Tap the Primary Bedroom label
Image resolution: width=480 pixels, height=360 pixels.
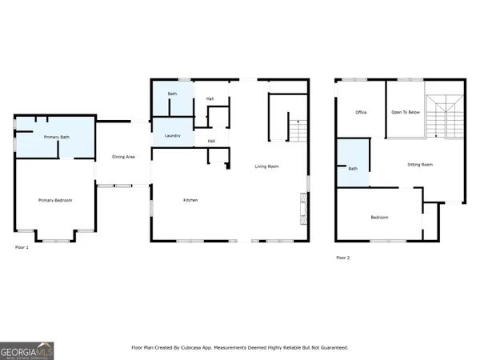tap(56, 200)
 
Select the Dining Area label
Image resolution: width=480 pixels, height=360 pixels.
tap(123, 157)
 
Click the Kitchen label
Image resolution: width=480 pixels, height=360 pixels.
tap(190, 200)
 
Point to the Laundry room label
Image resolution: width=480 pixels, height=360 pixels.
tap(172, 136)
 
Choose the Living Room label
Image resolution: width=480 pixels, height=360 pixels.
tap(266, 166)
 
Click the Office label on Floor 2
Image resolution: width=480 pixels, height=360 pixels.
tap(361, 112)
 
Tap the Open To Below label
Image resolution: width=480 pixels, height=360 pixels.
tap(406, 112)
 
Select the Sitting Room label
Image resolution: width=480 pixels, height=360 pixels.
tap(420, 165)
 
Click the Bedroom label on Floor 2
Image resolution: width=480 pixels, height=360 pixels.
tap(379, 218)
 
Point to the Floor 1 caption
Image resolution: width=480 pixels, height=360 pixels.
tap(22, 248)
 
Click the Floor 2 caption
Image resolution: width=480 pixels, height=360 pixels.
tap(342, 258)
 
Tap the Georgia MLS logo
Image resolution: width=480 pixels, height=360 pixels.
tap(27, 350)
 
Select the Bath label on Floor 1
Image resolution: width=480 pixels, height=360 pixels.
tap(172, 94)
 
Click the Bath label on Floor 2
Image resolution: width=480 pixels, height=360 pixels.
tap(353, 169)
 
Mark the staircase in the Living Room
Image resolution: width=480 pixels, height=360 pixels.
tap(297, 130)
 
